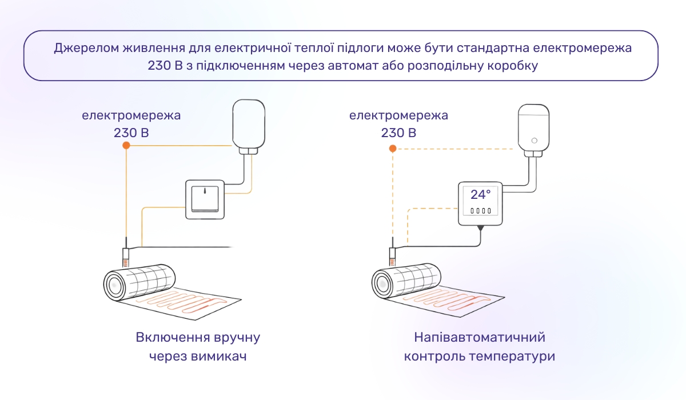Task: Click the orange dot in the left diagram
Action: (126, 146)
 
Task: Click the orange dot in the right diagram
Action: (393, 149)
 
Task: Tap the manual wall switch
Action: (205, 199)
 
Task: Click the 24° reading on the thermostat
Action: (480, 194)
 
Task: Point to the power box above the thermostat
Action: (534, 129)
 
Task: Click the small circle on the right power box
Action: (534, 140)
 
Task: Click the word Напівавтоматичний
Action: (480, 337)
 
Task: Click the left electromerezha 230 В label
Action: (131, 124)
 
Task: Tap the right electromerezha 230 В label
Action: (398, 124)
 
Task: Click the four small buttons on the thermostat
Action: (480, 211)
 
